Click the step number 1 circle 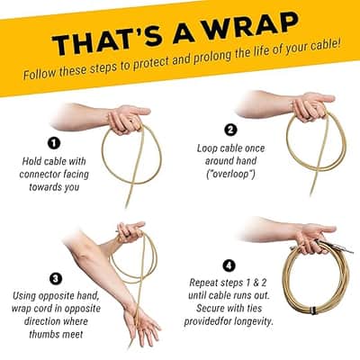pos(54,143)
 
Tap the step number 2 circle pos(230,130)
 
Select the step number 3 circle pos(56,279)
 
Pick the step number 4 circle pos(229,265)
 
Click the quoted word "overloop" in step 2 pos(230,174)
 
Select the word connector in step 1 pos(40,175)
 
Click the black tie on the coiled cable pos(313,310)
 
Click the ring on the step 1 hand pos(131,121)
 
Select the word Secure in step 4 pos(211,308)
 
